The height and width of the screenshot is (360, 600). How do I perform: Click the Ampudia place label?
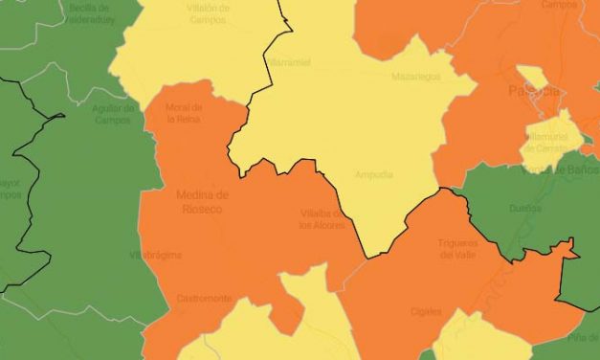coord(373,174)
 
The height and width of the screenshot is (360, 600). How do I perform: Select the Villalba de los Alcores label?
coord(321,219)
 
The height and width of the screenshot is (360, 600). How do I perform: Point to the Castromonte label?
coord(204,298)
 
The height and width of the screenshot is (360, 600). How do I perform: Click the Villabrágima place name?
coord(155,255)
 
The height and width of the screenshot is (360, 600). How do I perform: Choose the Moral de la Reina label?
coord(183,114)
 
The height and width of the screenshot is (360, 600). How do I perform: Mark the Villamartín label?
coord(287,61)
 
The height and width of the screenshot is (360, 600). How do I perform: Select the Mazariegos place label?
coord(412,77)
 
